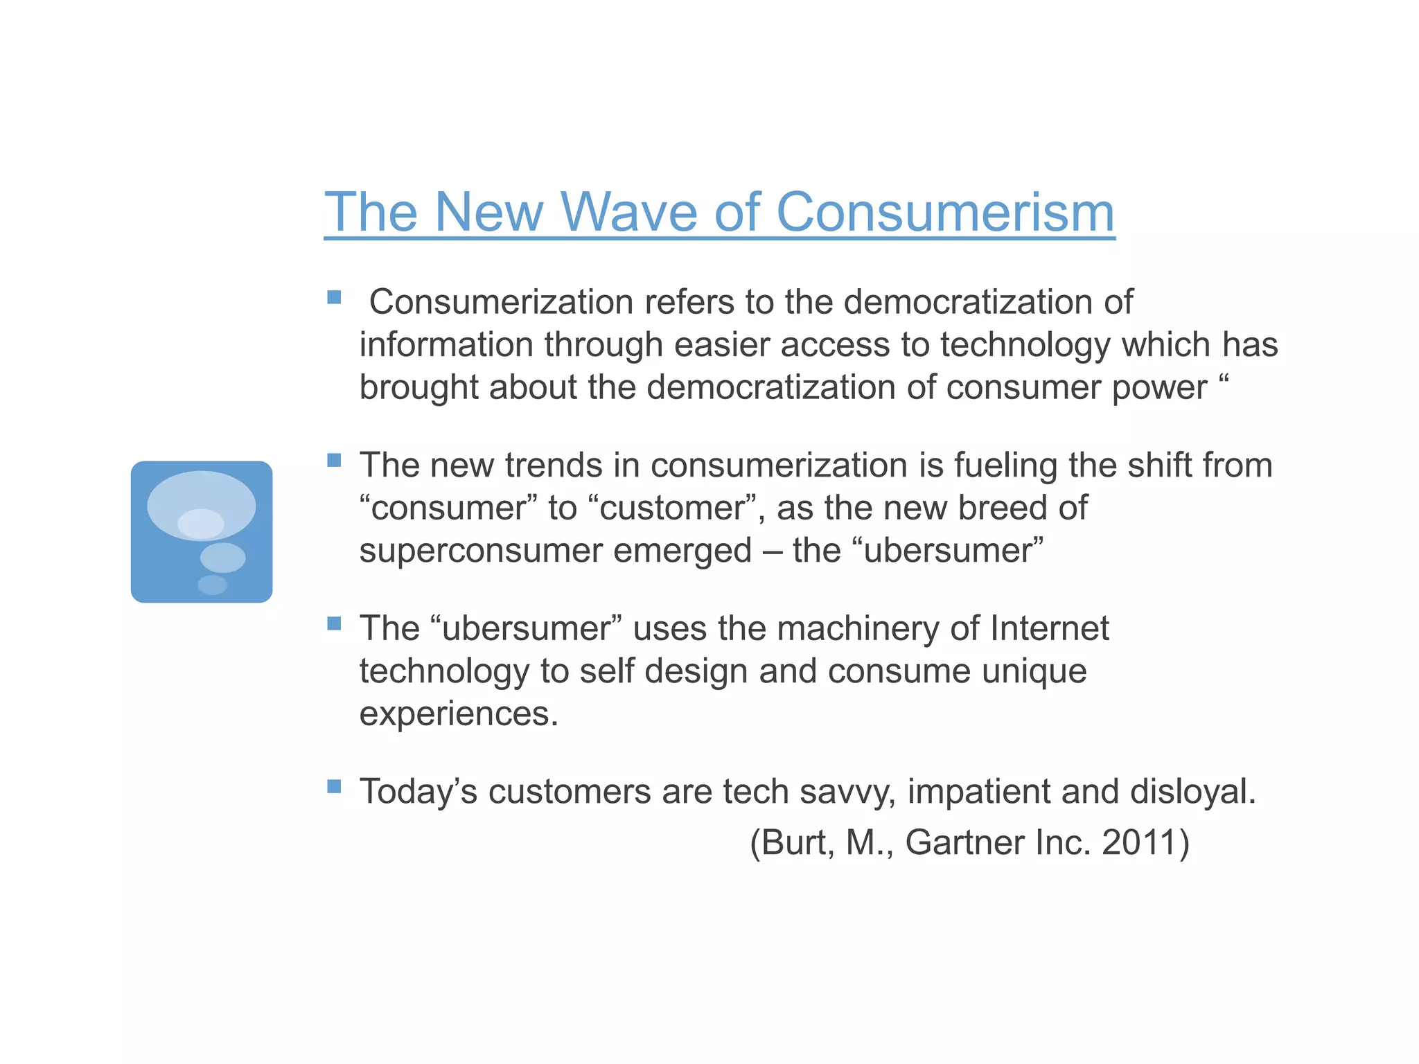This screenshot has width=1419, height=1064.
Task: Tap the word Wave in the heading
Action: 628,213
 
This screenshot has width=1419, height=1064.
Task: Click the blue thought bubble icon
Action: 202,531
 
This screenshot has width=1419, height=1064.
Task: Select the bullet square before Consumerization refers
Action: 334,298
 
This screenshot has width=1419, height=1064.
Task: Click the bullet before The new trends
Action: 334,461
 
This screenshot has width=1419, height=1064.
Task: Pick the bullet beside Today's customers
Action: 334,786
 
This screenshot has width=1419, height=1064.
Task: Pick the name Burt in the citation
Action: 798,843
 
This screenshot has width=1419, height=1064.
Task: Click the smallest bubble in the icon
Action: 213,585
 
